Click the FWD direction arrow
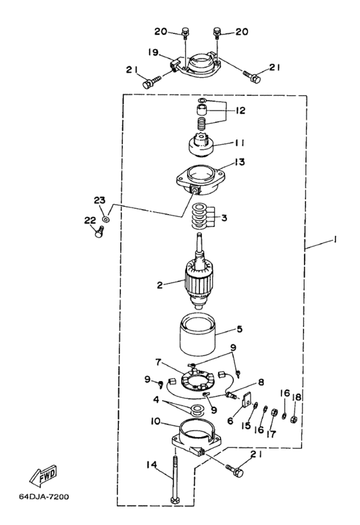43,476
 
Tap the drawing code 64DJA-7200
44,497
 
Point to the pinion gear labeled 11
201,147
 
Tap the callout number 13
240,162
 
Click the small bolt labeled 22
99,232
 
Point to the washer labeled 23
107,220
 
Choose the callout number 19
153,52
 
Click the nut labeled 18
295,418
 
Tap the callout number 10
155,421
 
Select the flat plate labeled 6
246,400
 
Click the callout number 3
224,218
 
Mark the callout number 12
240,110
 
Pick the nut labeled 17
273,413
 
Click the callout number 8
260,382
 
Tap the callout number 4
156,400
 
